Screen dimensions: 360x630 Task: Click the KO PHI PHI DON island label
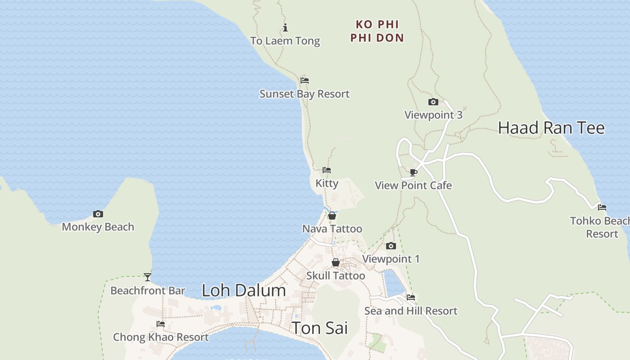[x=377, y=31]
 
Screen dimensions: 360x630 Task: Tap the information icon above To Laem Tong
[x=285, y=28]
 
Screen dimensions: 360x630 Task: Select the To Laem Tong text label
[x=285, y=41]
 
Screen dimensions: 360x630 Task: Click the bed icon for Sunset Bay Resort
[x=305, y=81]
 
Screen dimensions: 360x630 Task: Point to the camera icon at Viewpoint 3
[x=433, y=102]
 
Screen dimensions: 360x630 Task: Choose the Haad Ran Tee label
[x=551, y=128]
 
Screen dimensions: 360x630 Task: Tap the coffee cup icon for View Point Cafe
[x=414, y=172]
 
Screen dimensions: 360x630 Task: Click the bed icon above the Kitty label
[x=327, y=171]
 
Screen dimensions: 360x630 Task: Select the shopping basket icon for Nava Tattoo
[x=332, y=216]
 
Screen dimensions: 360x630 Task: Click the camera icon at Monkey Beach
[x=98, y=214]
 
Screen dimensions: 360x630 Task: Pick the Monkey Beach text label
[x=98, y=227]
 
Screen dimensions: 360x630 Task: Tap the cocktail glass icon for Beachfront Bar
[x=148, y=277]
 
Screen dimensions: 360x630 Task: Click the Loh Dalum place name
[x=244, y=291]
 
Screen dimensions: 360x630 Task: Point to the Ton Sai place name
[x=319, y=328]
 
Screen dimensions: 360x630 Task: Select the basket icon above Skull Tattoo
[x=336, y=262]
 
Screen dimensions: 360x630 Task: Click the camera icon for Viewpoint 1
[x=391, y=246]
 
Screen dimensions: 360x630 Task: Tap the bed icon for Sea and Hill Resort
[x=411, y=297]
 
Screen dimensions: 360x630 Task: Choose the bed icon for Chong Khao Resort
[x=161, y=324]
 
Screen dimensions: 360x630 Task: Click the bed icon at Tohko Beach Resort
[x=602, y=208]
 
